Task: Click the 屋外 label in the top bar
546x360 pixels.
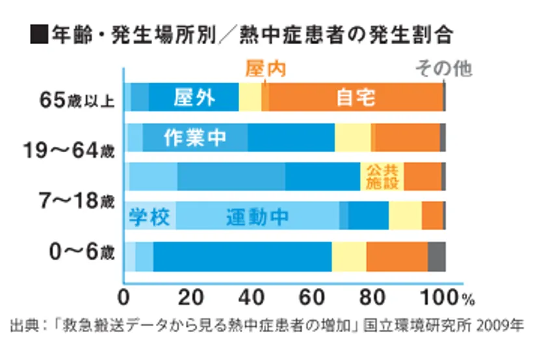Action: (194, 99)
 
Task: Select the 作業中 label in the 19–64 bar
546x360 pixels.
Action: (195, 138)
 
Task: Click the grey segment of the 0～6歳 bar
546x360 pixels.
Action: (436, 256)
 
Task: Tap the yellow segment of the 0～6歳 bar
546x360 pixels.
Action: (349, 256)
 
